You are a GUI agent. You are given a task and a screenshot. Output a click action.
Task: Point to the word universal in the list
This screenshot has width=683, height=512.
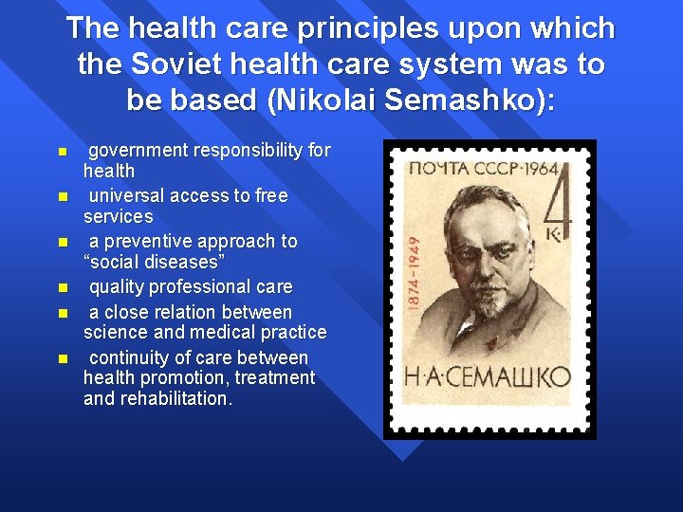128,196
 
